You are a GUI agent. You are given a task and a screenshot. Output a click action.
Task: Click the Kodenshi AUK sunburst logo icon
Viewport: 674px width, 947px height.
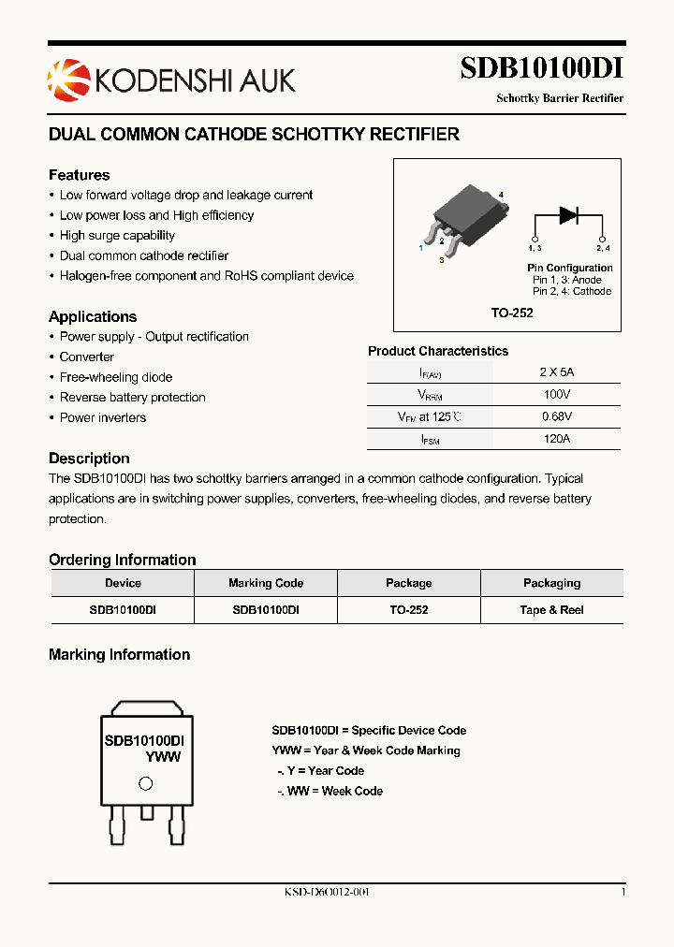[x=65, y=77]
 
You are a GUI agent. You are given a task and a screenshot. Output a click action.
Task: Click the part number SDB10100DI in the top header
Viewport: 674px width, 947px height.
[x=541, y=69]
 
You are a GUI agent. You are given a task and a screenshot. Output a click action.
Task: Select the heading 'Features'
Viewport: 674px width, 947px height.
[x=79, y=175]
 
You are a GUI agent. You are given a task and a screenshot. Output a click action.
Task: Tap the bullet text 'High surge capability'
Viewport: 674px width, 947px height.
[x=117, y=236]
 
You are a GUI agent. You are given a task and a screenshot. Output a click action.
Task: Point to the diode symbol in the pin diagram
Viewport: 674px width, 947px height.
[x=568, y=215]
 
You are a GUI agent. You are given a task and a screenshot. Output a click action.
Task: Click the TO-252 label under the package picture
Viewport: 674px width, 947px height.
[x=512, y=313]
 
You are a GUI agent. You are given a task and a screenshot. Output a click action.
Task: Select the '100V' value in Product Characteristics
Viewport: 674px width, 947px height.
[x=556, y=395]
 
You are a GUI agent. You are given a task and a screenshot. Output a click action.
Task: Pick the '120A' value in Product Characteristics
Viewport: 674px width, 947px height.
[x=556, y=438]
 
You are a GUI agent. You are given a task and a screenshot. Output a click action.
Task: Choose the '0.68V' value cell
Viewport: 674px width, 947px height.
[x=556, y=416]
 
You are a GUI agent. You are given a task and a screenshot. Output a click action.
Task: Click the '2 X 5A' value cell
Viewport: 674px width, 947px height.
[x=556, y=372]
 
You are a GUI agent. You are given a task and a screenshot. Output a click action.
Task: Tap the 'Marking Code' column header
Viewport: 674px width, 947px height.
[x=266, y=583]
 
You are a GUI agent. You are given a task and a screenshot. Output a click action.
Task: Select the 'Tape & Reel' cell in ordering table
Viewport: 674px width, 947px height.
[x=551, y=609]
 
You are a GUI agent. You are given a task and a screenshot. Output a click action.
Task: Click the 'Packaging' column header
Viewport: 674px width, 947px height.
[x=551, y=583]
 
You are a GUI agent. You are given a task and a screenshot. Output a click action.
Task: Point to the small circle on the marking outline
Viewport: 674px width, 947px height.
[x=145, y=784]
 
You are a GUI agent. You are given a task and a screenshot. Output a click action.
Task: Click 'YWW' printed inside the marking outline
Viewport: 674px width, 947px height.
[x=163, y=757]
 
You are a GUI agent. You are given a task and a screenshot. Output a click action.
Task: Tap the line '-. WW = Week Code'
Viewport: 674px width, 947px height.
[x=330, y=791]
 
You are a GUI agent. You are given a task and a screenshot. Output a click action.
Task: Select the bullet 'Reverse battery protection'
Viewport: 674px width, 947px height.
[x=132, y=398]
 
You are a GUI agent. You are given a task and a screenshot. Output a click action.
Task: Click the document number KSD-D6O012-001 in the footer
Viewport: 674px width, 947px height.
[x=327, y=892]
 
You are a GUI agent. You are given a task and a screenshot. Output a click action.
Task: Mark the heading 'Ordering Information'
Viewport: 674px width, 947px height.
[x=122, y=560]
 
